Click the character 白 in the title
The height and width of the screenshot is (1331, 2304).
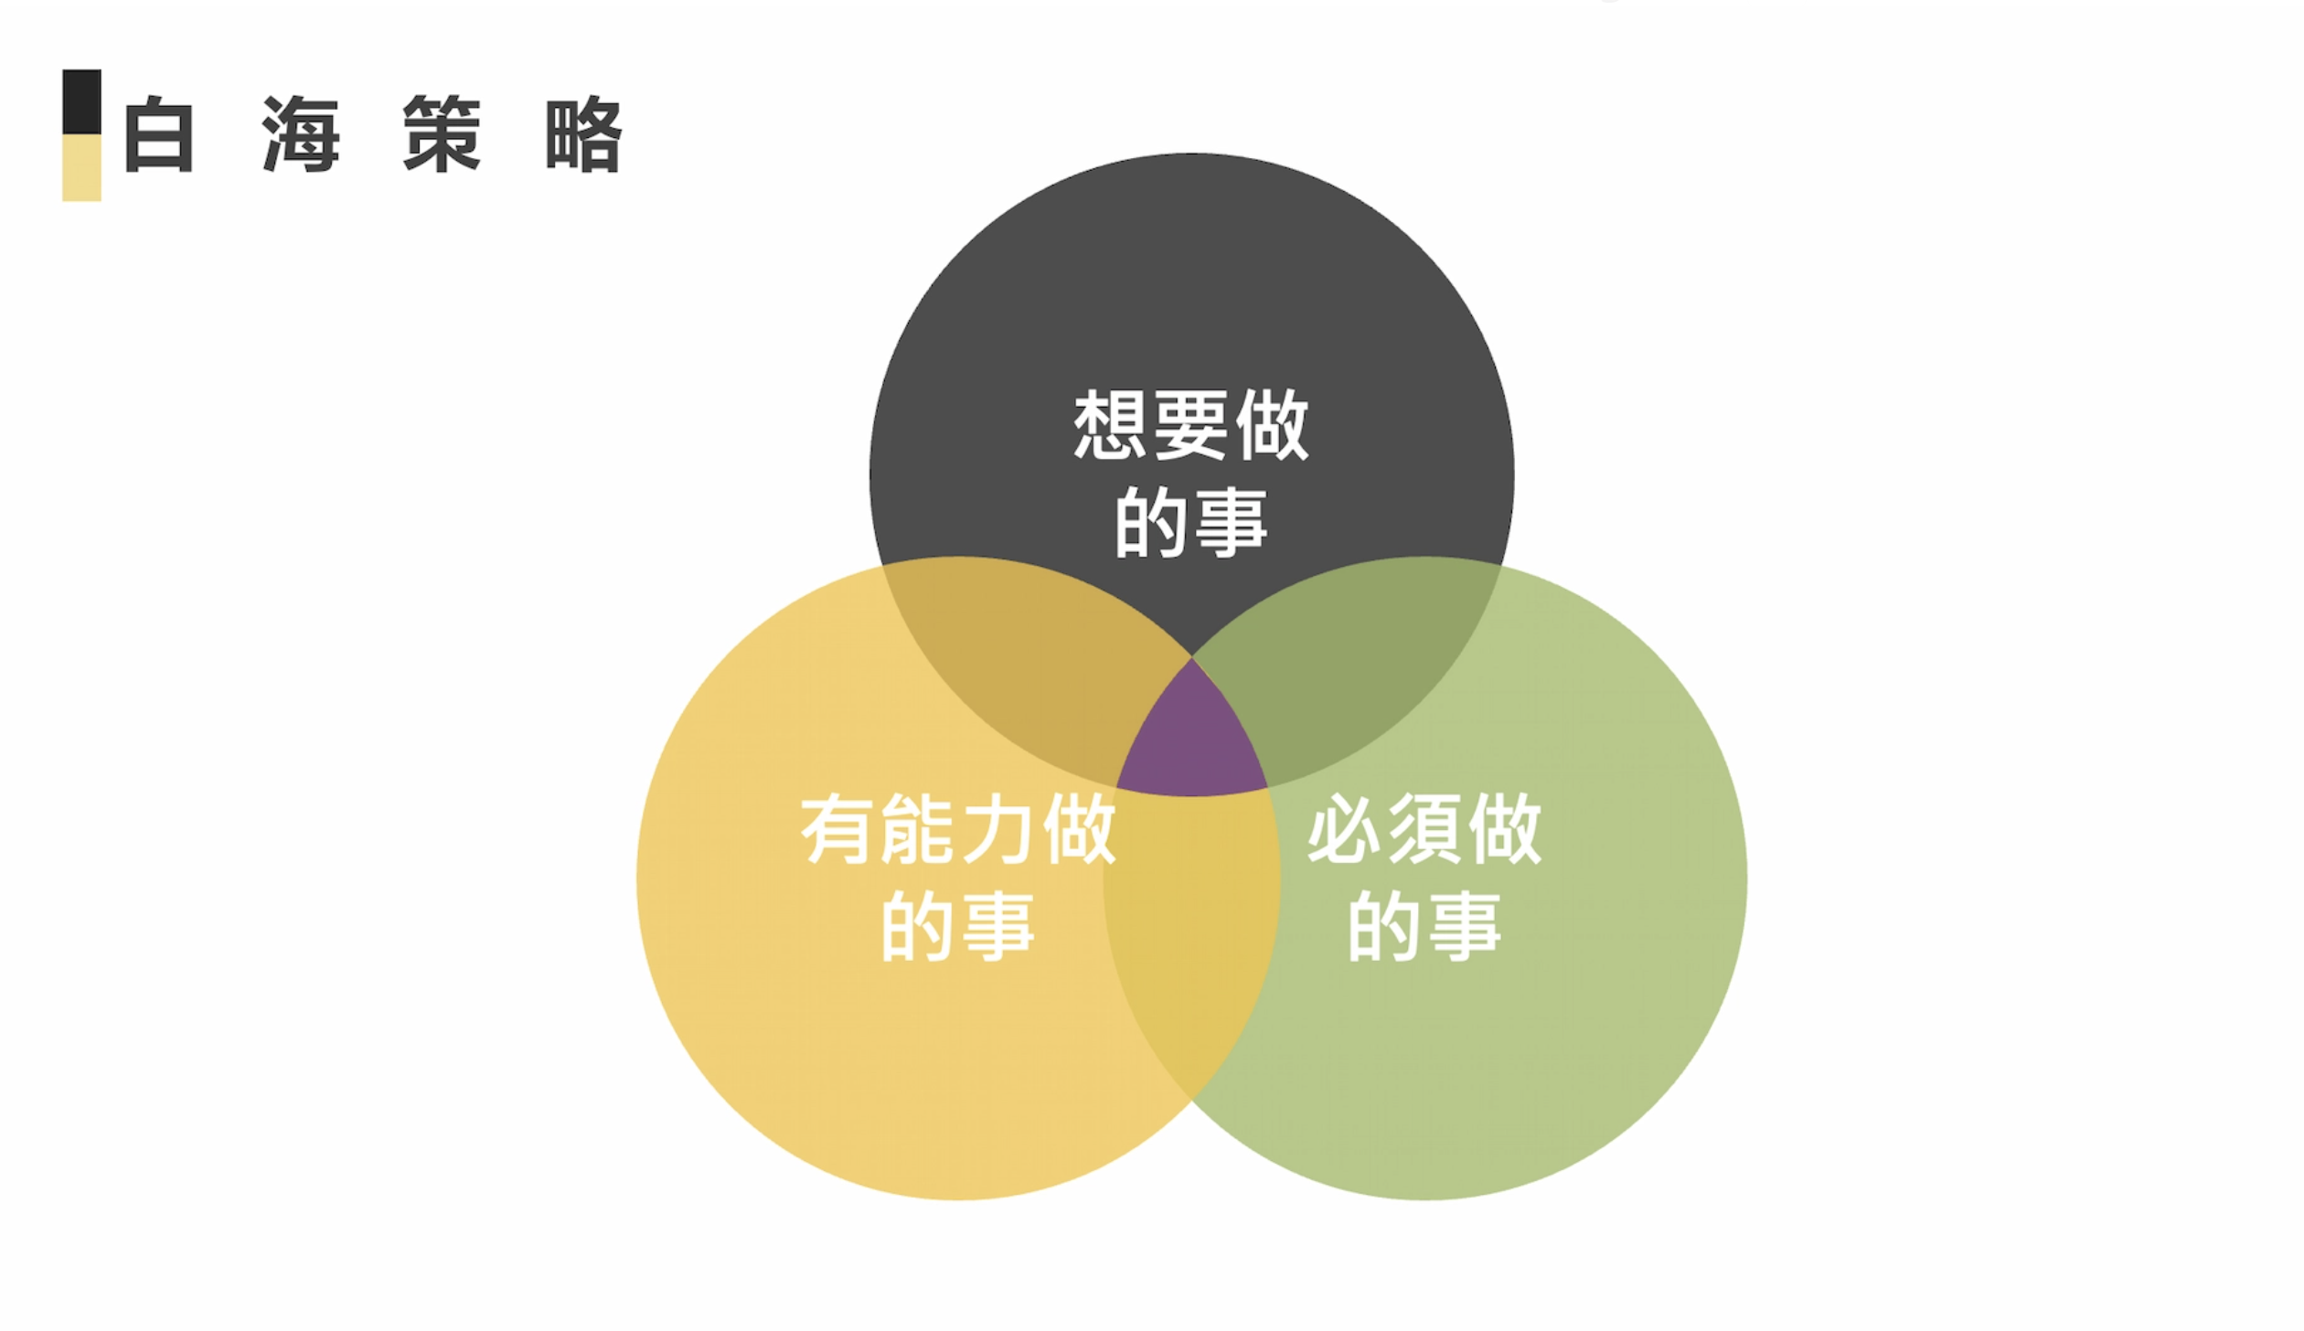[159, 134]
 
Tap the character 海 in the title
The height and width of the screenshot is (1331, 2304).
[301, 134]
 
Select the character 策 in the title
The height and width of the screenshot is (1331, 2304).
[442, 134]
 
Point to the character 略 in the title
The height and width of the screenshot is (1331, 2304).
[583, 134]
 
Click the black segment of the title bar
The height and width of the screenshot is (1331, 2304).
[81, 101]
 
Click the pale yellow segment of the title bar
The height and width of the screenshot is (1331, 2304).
[81, 167]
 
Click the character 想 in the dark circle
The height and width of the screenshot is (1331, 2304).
[1110, 425]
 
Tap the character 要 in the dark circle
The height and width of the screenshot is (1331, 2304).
[1191, 425]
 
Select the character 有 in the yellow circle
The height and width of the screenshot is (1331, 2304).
[836, 829]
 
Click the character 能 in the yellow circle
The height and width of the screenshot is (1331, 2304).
[917, 829]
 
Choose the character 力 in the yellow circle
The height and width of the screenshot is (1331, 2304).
[997, 829]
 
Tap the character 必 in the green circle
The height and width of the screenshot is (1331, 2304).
[1343, 829]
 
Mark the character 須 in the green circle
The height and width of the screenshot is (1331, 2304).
[1424, 829]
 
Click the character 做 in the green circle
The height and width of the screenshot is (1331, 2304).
[1505, 829]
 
